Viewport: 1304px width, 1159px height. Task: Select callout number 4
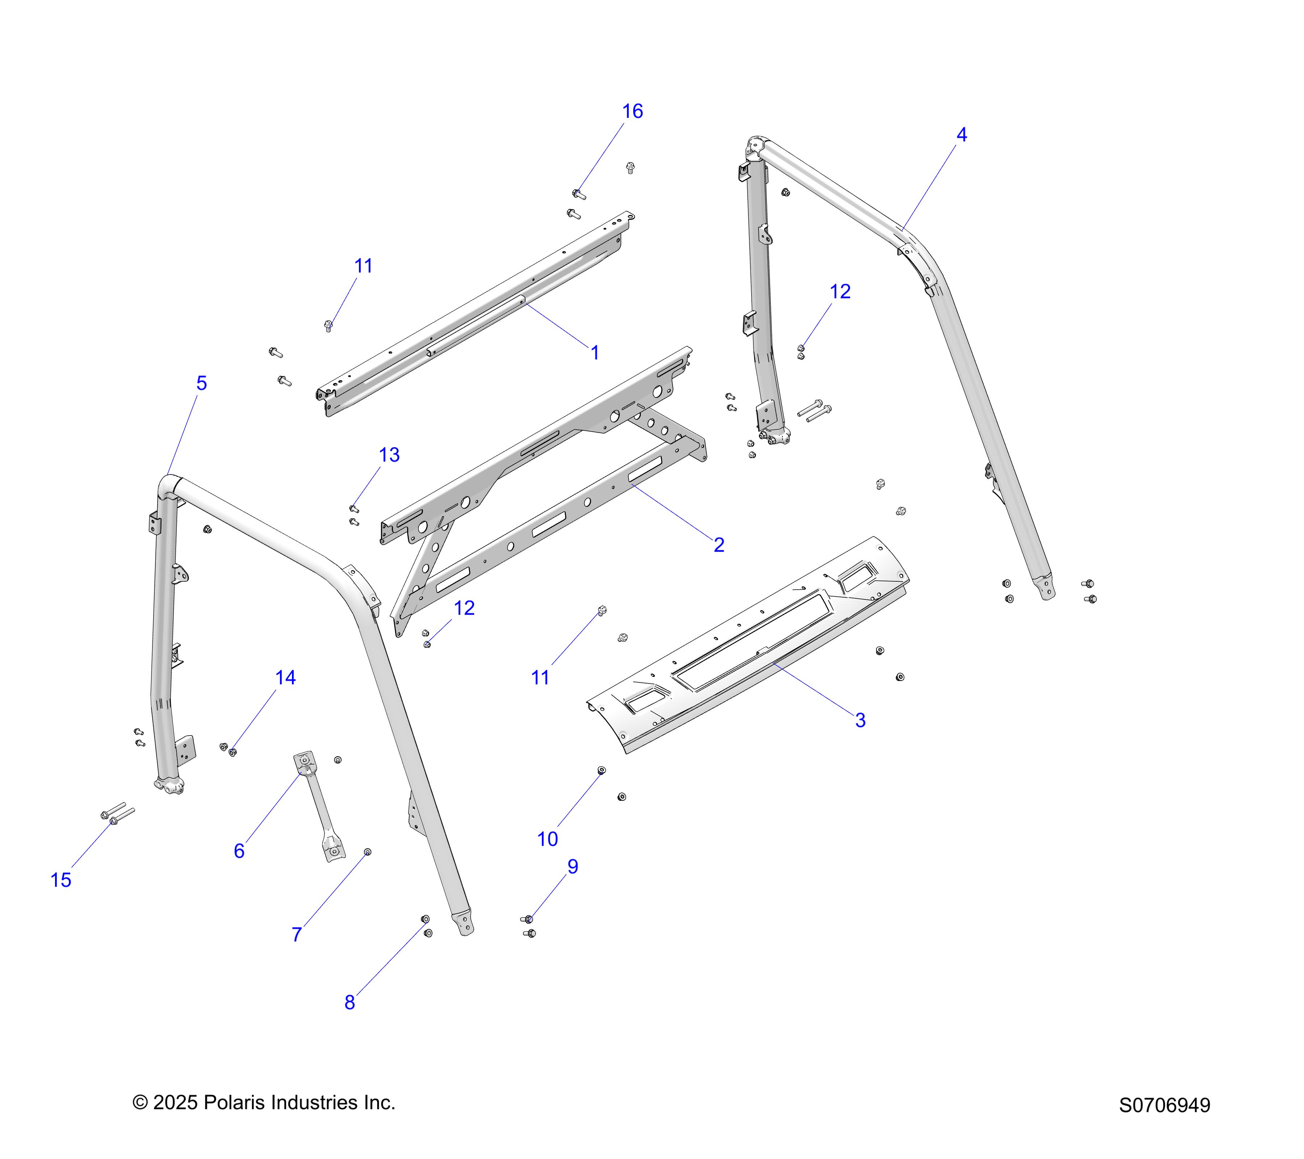[961, 135]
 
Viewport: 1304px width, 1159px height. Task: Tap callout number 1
[594, 353]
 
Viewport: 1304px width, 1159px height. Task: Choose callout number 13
[389, 455]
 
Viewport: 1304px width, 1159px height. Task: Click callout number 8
[350, 1003]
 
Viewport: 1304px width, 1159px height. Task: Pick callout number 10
[547, 840]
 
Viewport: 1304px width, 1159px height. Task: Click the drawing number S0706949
[1164, 1105]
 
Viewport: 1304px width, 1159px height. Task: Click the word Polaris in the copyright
[232, 1103]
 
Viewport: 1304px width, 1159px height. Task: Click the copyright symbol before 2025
[140, 1103]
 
